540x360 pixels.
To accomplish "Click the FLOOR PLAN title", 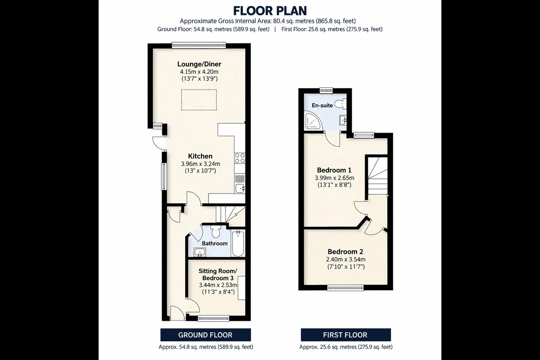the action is tap(270, 11).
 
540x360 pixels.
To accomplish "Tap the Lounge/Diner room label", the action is tap(199, 64).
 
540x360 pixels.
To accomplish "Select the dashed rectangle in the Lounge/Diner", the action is tap(199, 100).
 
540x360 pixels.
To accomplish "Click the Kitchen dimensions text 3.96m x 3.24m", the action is tap(200, 164).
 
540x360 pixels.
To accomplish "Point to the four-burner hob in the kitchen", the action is tap(240, 158).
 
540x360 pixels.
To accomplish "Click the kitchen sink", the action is tap(240, 188).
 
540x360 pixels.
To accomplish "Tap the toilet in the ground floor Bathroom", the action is tap(216, 231).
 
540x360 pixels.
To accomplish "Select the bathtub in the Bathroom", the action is tap(238, 243).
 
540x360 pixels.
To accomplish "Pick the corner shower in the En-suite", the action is tap(313, 121).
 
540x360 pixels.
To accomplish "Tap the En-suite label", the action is tap(322, 105).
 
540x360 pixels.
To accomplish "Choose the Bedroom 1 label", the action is tap(334, 170).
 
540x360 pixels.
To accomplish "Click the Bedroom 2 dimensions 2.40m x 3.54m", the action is tap(346, 260).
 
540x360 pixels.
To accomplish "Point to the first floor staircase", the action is tap(378, 176).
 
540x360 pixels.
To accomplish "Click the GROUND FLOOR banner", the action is tap(205, 335).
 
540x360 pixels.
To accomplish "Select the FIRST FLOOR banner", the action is tap(346, 335).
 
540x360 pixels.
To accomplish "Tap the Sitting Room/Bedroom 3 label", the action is tap(217, 274).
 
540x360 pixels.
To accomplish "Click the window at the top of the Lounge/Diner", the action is tap(199, 45).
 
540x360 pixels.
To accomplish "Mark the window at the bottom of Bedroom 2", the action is tap(345, 288).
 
